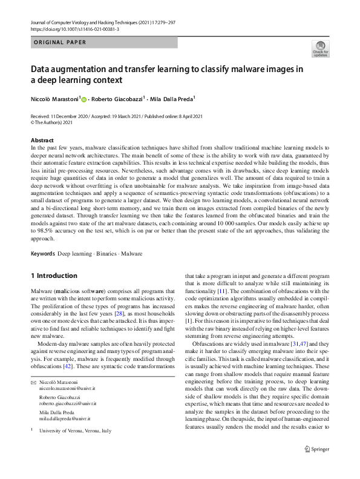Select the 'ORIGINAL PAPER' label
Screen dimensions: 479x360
[x=59, y=42]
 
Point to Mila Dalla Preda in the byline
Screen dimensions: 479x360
[x=172, y=99]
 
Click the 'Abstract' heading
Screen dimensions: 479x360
[x=42, y=140]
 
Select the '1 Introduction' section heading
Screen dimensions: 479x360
[x=54, y=276]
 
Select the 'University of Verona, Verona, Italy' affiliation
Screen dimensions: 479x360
[x=76, y=431]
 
